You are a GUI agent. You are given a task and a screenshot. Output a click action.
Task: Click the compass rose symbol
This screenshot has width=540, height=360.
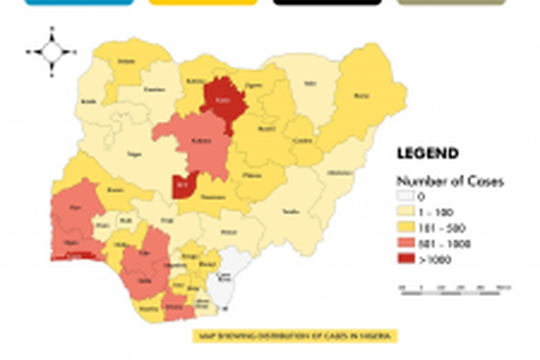[x=52, y=52]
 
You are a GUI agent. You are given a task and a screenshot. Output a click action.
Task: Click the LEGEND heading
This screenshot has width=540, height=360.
[x=427, y=154]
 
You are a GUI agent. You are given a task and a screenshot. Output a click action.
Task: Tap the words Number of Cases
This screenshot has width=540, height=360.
[x=450, y=182]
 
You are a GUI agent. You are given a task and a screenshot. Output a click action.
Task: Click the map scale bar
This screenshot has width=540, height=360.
[x=455, y=288]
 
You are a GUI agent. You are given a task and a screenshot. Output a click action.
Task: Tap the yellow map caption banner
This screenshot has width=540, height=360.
[x=295, y=336]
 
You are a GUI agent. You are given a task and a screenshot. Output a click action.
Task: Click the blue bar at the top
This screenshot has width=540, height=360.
[x=79, y=2]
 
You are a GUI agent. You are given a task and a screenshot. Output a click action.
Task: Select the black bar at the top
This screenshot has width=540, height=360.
[x=327, y=2]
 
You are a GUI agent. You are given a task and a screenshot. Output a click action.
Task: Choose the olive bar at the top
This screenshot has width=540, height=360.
[x=451, y=2]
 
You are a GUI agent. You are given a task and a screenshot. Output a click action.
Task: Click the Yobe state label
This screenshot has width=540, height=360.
[x=310, y=83]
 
